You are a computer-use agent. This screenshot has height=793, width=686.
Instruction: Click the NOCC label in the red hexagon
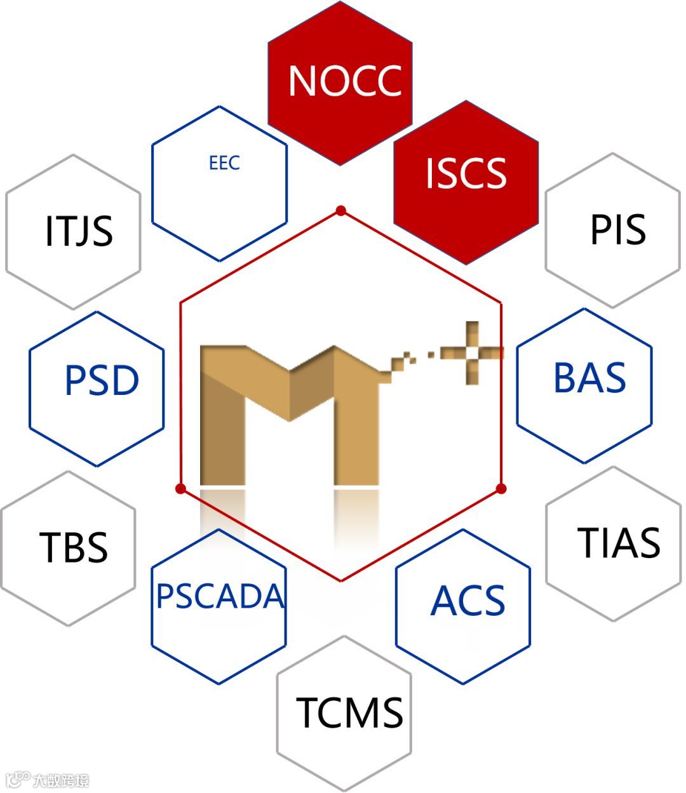pos(345,81)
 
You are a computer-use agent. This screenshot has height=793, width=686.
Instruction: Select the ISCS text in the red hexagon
pos(466,173)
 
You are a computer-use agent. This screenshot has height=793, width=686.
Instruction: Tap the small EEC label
pos(224,163)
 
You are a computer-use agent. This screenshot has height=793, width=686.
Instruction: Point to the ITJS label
pos(79,231)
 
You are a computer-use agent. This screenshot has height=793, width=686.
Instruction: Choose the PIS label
pos(617,229)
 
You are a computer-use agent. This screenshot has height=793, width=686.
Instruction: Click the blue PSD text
pos(102,381)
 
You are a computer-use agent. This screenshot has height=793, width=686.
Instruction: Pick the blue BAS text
pos(589,378)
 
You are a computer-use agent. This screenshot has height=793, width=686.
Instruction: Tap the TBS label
pos(73,547)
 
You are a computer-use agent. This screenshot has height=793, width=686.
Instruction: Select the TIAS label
pos(618,543)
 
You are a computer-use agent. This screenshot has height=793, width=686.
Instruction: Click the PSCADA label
pos(220,596)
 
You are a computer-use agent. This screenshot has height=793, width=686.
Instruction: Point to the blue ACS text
pos(467,601)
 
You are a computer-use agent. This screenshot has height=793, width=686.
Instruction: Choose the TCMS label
pos(349,712)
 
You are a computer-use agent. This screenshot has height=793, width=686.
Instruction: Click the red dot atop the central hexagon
pos(341,211)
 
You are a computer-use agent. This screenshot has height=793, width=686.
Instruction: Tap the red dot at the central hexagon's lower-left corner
pos(180,488)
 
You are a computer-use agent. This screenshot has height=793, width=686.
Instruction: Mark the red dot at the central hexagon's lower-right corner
pos(501,488)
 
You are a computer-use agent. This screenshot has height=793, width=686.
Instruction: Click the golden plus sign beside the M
pos(471,353)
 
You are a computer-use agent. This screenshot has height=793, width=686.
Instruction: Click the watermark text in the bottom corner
pos(60,780)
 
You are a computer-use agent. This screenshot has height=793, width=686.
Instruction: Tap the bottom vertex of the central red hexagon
pos(341,580)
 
